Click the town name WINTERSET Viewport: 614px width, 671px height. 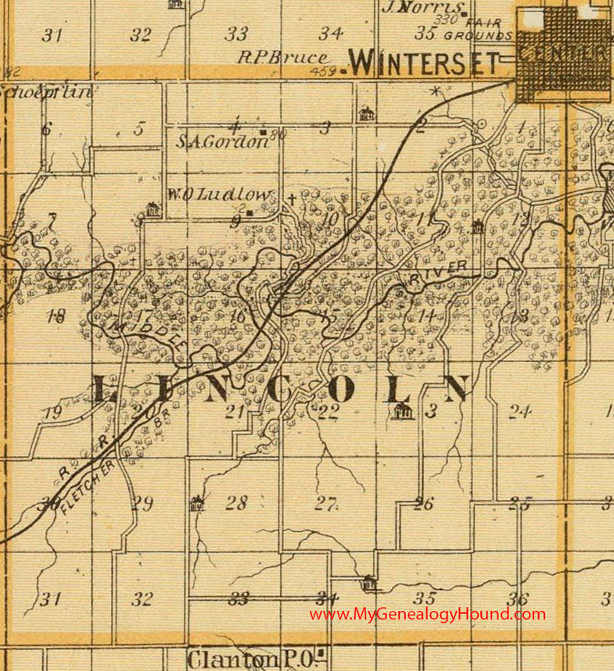(423, 62)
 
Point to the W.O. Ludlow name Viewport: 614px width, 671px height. (221, 195)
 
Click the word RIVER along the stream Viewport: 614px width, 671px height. (438, 272)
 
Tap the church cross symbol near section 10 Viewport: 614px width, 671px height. (292, 198)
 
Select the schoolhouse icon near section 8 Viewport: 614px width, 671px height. (153, 209)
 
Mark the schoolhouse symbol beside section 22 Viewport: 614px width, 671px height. (404, 412)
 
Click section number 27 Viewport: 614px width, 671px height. (325, 504)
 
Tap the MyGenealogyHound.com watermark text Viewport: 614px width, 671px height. (427, 614)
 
